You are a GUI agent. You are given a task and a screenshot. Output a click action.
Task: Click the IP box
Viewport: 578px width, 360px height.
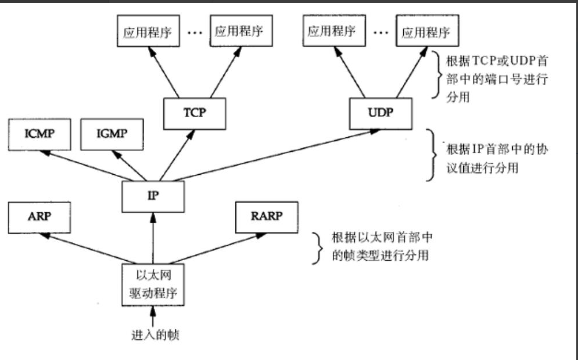click(153, 196)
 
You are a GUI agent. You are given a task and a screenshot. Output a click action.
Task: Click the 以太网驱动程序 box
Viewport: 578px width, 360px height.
click(153, 284)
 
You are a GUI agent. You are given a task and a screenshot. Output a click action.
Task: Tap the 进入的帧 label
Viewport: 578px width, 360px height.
click(153, 334)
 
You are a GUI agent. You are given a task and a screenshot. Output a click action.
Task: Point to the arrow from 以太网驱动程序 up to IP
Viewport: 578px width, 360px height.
click(153, 237)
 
